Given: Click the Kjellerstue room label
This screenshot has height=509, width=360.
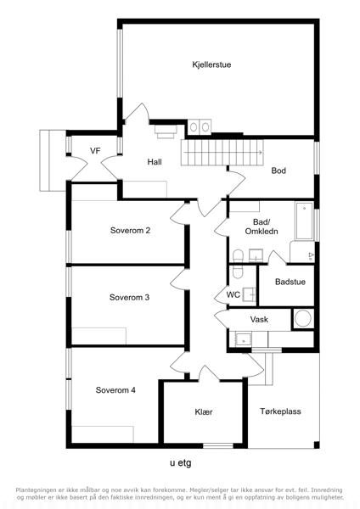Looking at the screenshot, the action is click(211, 64).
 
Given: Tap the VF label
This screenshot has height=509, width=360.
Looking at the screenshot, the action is click(95, 151).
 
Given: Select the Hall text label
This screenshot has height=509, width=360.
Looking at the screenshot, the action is click(155, 162).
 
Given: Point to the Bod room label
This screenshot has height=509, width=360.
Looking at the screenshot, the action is click(278, 171).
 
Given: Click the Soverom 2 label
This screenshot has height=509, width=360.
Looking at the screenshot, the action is click(130, 231).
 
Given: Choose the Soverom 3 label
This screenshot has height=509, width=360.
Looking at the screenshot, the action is click(129, 298).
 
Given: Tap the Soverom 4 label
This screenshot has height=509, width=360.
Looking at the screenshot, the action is click(115, 390).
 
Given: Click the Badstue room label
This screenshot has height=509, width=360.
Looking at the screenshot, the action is click(290, 282).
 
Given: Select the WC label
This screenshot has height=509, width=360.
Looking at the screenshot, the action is click(233, 294).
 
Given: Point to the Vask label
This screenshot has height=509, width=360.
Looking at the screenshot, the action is click(259, 320).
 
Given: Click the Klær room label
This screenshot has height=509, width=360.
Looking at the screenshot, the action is click(204, 411).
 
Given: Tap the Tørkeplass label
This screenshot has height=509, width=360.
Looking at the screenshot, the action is click(280, 411).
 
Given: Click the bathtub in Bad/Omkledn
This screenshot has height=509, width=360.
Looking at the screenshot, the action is click(304, 221).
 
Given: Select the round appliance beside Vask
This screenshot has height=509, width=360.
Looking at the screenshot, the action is click(303, 318).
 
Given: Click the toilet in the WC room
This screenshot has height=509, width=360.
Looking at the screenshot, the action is click(238, 272).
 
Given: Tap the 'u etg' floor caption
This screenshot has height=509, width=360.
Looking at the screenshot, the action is click(181, 463).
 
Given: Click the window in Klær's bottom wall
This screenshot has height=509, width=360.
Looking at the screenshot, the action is click(218, 446).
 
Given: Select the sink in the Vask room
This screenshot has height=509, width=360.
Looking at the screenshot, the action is click(243, 339).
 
